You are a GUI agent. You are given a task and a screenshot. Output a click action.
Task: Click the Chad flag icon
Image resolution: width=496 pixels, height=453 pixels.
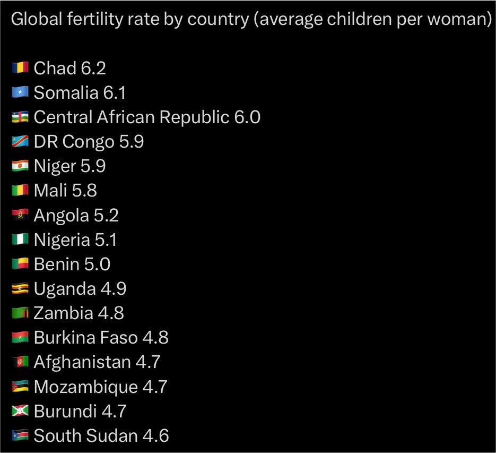20,68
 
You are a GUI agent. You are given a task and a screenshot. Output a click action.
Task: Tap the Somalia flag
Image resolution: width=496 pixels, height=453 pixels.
20,92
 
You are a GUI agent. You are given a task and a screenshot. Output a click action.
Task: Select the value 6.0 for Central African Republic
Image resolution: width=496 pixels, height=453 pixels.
247,117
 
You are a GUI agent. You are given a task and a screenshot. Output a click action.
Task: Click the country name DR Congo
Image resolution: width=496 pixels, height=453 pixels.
74,142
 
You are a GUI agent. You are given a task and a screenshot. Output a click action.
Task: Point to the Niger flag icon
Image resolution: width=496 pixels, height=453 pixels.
20,166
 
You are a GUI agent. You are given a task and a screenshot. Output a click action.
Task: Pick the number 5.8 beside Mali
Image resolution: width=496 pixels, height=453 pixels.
84,190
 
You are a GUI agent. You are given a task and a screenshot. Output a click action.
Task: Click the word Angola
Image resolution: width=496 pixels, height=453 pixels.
62,216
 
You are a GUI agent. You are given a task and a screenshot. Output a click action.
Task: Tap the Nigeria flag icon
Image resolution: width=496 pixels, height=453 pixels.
20,239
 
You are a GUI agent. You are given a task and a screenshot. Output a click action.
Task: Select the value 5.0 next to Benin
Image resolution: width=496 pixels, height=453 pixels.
97,264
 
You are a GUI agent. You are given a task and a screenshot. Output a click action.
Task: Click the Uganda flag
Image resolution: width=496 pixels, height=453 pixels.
20,288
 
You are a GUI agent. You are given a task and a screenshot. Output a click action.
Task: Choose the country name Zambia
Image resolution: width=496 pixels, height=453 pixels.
63,313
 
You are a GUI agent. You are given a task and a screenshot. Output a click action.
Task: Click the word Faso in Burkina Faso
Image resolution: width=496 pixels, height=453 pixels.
119,337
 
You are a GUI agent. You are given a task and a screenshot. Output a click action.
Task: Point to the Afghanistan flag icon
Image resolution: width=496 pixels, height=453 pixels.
20,362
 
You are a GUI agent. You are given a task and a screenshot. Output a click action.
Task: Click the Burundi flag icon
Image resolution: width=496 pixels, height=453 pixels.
20,411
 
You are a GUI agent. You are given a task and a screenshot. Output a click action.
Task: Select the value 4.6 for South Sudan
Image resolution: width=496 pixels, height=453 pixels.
155,435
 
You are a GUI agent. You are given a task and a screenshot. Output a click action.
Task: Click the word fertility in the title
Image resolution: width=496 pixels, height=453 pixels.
94,19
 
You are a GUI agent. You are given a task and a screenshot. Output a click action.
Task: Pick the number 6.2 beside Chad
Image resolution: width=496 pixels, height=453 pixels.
93,68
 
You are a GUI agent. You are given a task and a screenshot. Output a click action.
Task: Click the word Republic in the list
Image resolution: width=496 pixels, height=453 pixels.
195,118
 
